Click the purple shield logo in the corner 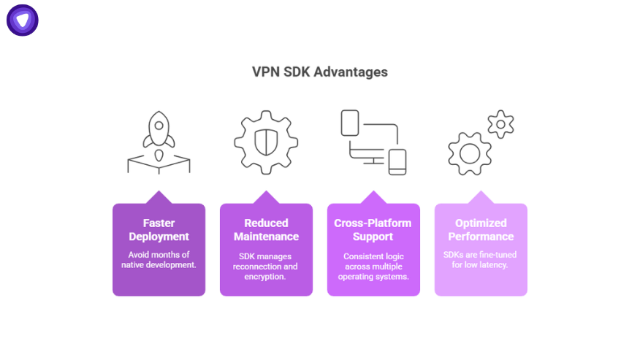[x=23, y=20]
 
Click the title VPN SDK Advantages [x=320, y=72]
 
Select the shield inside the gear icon [x=265, y=143]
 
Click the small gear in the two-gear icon [x=500, y=124]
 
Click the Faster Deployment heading [x=159, y=229]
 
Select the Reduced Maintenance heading [x=266, y=229]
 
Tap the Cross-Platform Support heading [x=373, y=229]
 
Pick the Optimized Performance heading [x=481, y=229]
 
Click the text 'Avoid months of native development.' [x=159, y=259]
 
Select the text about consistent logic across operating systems [x=373, y=267]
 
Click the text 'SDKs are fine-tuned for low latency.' [x=481, y=259]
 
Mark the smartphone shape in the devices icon [x=397, y=161]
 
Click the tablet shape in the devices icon [x=350, y=123]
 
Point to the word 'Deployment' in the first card [x=159, y=236]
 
